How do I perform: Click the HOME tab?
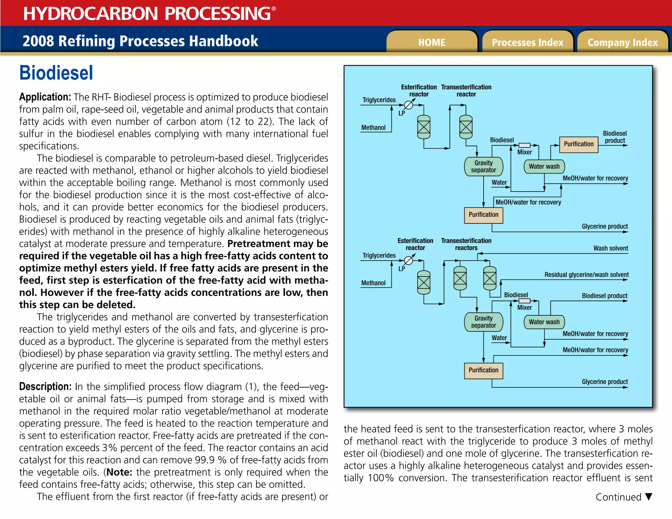click(431, 42)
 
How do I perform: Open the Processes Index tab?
click(527, 42)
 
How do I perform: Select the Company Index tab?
click(622, 42)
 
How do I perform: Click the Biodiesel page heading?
click(56, 73)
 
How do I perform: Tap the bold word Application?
click(45, 97)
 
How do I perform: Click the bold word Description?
click(45, 386)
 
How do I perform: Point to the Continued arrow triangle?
click(648, 496)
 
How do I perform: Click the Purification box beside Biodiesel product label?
click(578, 144)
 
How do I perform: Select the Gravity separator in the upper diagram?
click(483, 167)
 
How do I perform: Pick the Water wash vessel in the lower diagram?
click(544, 322)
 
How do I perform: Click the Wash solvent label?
click(610, 248)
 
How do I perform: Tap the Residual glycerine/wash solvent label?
click(586, 275)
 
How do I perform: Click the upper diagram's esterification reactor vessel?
click(424, 127)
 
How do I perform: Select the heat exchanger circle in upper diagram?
click(409, 105)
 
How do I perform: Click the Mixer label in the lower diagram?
click(524, 308)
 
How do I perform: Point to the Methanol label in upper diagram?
click(373, 128)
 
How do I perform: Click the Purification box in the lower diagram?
click(483, 370)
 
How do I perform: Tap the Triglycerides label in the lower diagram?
click(379, 256)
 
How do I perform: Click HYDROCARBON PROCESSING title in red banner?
click(147, 13)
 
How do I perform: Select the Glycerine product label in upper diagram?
click(604, 226)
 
